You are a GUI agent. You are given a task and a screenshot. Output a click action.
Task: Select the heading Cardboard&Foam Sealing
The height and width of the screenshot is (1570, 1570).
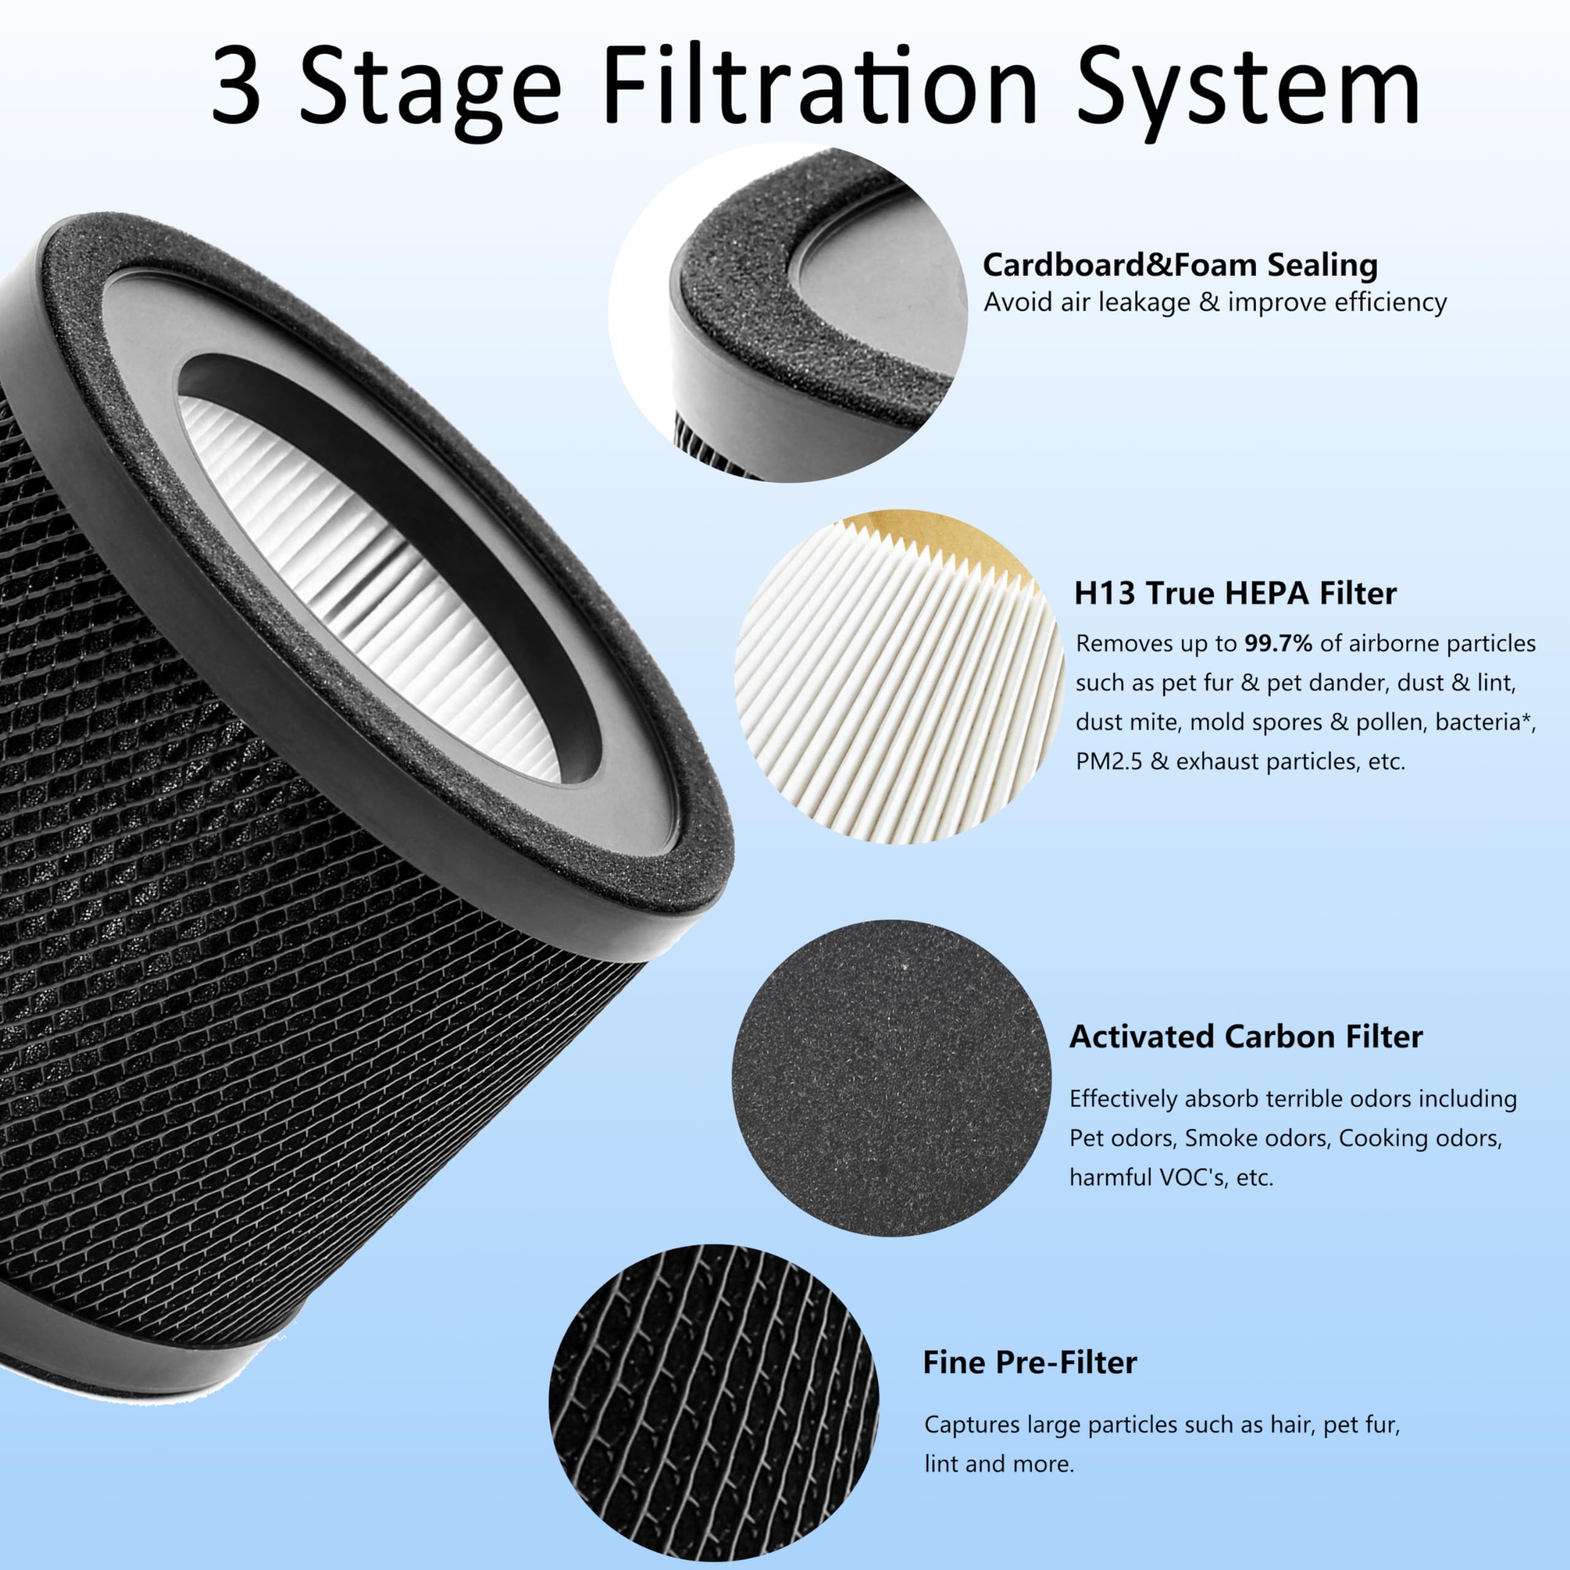point(1180,265)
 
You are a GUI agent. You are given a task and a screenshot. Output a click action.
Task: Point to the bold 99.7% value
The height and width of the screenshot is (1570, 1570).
point(1277,643)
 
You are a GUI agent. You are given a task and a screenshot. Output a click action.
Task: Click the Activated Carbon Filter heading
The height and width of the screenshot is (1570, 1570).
point(1246,1037)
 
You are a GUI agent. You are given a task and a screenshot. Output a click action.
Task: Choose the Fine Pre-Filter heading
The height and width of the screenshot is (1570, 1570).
point(1029,1363)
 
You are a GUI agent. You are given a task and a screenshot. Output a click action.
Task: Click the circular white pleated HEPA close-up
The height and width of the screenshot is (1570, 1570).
point(898,678)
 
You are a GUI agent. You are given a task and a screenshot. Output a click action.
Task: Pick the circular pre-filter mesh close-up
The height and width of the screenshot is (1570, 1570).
point(713,1402)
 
